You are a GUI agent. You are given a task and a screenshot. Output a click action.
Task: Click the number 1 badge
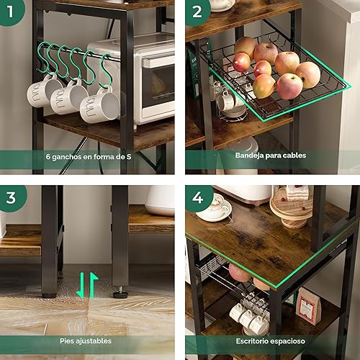tap(10, 9)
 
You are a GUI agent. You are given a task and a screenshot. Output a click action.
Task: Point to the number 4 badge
tap(196, 196)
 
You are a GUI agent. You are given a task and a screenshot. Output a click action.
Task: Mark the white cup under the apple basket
tap(230, 101)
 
